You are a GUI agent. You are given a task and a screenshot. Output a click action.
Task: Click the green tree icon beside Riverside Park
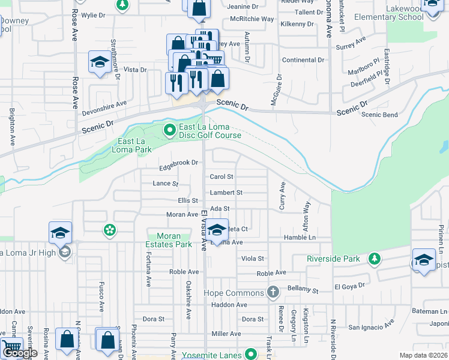(375, 259)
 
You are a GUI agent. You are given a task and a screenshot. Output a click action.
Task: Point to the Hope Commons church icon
(273, 293)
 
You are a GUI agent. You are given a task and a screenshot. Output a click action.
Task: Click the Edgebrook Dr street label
(178, 163)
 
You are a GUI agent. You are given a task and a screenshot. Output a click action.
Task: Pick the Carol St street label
(221, 177)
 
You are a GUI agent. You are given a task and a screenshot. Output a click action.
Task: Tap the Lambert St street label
(226, 193)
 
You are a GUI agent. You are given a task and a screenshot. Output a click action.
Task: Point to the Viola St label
(252, 259)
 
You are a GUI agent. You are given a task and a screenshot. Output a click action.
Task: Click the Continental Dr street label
(303, 60)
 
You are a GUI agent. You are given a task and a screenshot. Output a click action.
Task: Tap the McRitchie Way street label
(252, 19)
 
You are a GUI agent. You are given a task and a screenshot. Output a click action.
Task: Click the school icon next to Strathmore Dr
(98, 62)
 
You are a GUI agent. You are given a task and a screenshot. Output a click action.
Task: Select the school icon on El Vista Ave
(218, 230)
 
